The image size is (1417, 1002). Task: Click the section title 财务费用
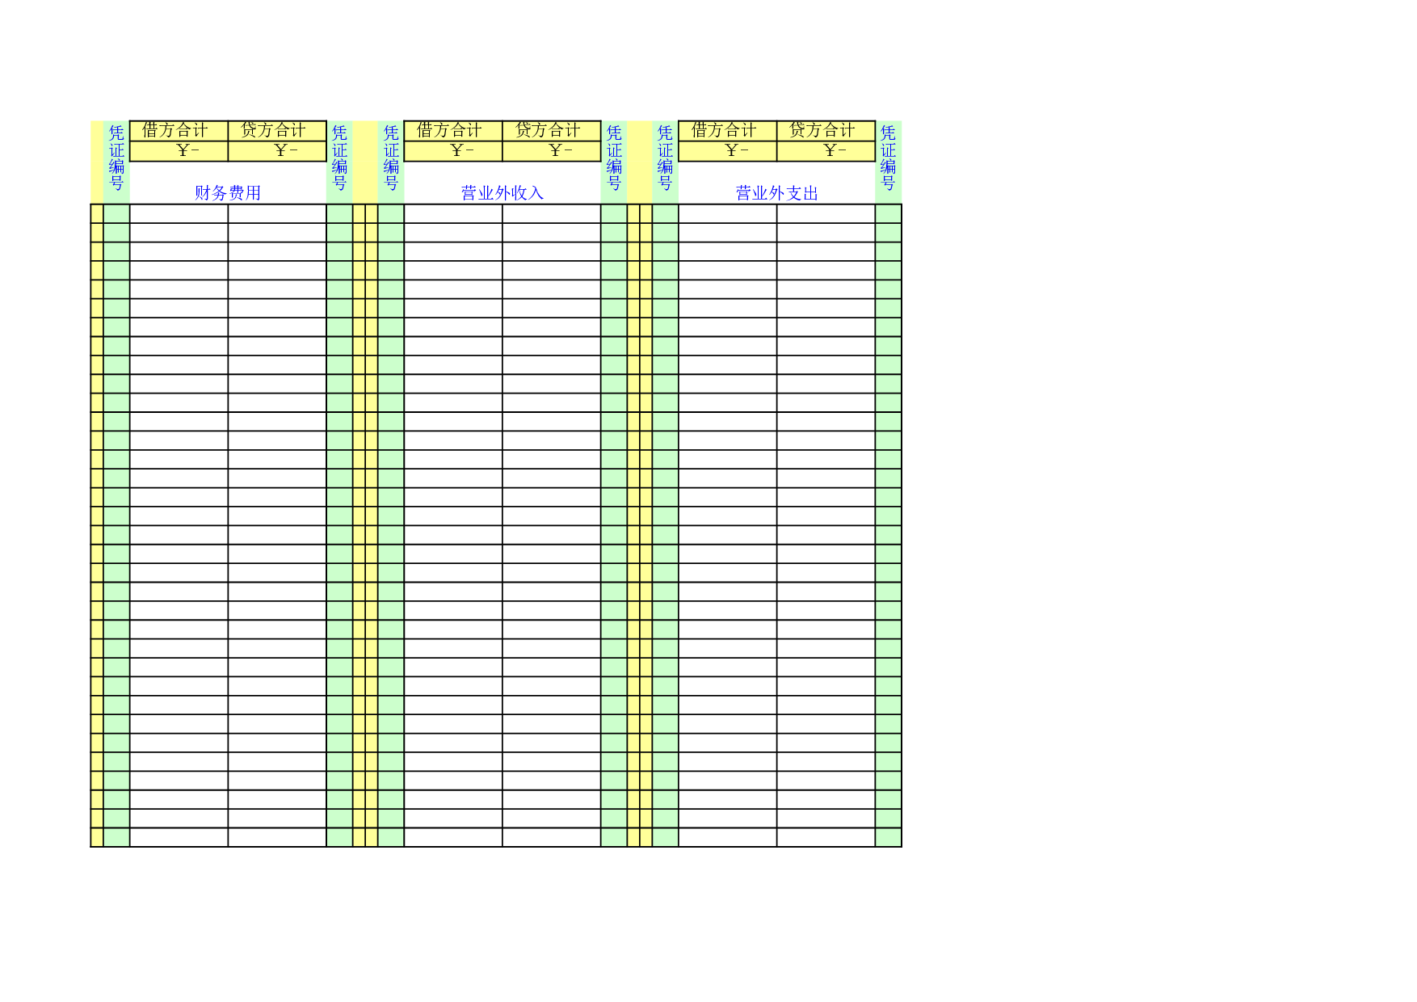click(x=228, y=193)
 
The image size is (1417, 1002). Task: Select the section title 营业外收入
click(x=502, y=193)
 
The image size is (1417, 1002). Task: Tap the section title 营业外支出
click(x=777, y=193)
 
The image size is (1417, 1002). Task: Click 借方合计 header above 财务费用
click(x=175, y=130)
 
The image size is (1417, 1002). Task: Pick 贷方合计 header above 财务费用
click(x=274, y=130)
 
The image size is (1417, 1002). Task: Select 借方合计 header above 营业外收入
click(x=450, y=130)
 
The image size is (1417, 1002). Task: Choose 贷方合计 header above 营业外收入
click(x=549, y=130)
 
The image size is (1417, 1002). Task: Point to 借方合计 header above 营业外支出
click(x=725, y=130)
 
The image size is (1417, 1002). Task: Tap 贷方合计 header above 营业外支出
click(x=822, y=130)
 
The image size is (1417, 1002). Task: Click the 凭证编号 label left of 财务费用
click(x=117, y=158)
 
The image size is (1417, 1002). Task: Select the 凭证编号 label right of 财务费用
click(x=340, y=158)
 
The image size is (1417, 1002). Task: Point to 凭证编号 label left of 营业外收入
click(x=391, y=158)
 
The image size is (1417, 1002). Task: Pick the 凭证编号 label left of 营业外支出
click(x=666, y=158)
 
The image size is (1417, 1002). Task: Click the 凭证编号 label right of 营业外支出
click(x=889, y=158)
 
